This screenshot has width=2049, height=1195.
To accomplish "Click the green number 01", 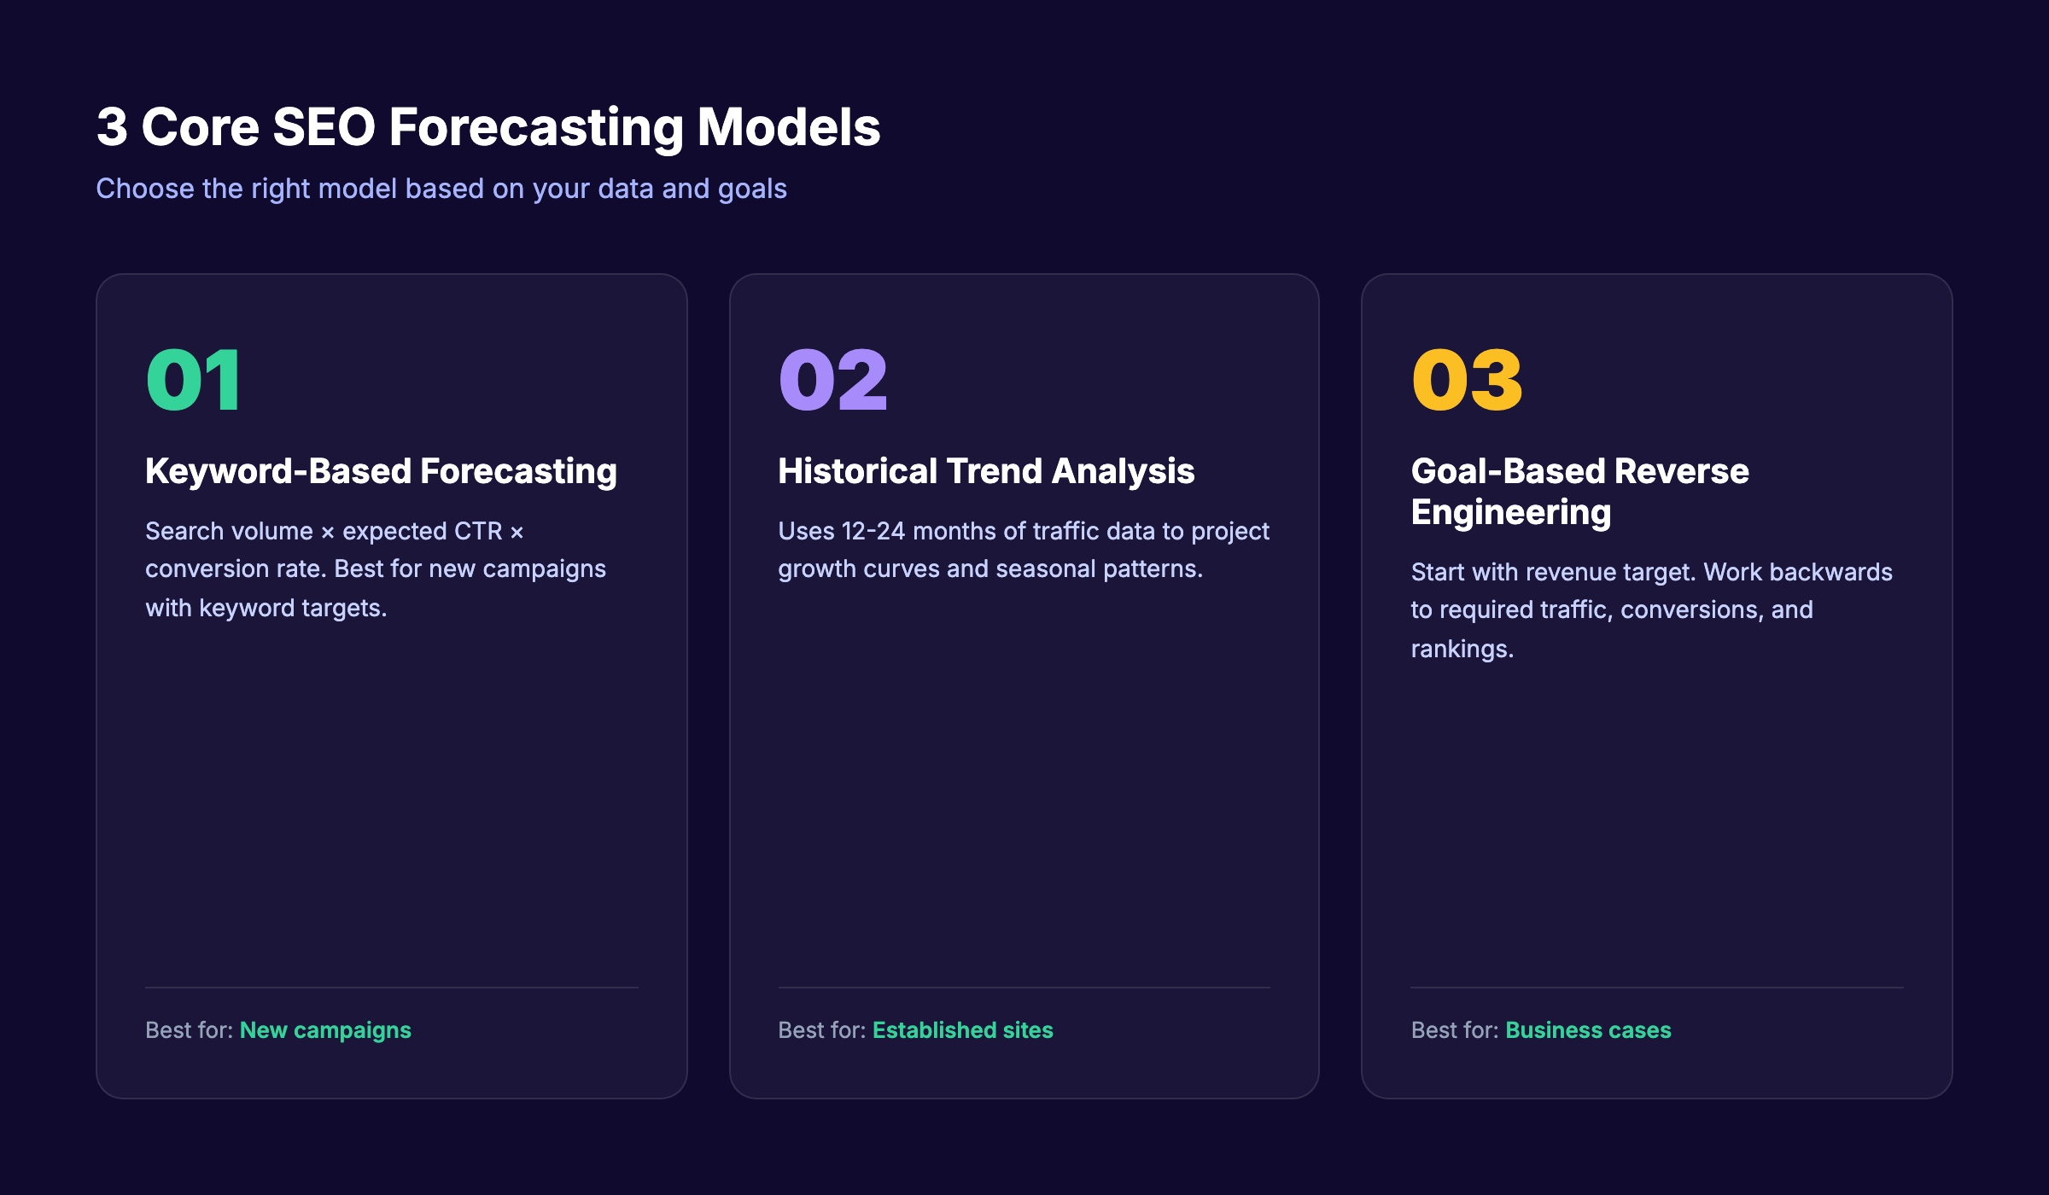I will [194, 381].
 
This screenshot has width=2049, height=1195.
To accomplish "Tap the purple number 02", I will [832, 381].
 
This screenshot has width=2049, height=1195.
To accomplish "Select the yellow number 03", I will [1466, 381].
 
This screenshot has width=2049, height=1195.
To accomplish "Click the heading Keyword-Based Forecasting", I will [381, 471].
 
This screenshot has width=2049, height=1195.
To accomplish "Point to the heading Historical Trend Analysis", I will [986, 471].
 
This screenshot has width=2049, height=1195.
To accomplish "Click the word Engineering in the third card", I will [1510, 512].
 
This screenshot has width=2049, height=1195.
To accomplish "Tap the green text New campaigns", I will [325, 1030].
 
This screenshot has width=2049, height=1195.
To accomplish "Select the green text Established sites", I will [962, 1030].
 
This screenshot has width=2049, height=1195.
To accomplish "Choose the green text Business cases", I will [1588, 1030].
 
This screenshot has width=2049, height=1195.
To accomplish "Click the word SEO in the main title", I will [324, 127].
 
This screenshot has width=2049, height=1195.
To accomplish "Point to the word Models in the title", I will [788, 127].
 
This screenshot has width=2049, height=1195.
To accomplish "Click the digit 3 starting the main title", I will [112, 127].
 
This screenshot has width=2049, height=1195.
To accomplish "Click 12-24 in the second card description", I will [873, 531].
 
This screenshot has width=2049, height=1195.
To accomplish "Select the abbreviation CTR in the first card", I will [478, 531].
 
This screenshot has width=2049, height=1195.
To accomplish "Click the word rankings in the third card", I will [1462, 649].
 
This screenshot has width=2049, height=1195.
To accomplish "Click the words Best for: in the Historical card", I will [821, 1030].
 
